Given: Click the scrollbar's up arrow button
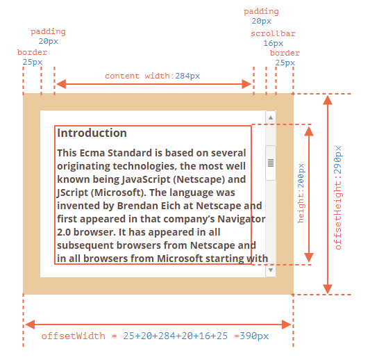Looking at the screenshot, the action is pos(271,117).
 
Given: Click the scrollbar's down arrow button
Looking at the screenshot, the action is pos(271,270).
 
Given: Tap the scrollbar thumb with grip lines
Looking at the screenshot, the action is pos(271,163).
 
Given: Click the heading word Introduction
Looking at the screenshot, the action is pos(92,133).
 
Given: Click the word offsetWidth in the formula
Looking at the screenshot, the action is pos(73,336).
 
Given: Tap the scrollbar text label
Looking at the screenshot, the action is pos(273,33).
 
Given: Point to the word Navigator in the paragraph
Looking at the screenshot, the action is pos(242,219).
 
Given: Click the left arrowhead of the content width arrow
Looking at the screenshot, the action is pos(61,84).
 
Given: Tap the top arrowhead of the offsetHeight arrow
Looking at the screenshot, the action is pos(328,100).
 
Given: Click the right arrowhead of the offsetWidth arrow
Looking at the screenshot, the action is pos(287,325).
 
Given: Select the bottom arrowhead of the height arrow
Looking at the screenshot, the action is pos(309,257).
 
